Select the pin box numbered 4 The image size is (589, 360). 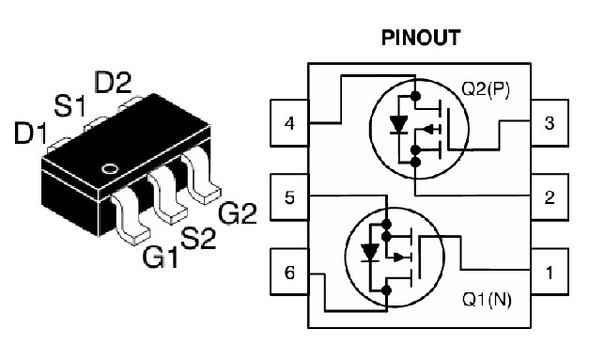[x=289, y=124]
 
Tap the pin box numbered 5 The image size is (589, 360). [x=289, y=197]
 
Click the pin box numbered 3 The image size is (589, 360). [x=549, y=124]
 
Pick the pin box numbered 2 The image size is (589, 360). [x=549, y=197]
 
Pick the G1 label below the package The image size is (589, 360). [x=162, y=255]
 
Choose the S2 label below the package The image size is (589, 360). [x=198, y=238]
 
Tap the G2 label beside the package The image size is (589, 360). [x=237, y=215]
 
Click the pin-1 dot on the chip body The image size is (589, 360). [x=110, y=169]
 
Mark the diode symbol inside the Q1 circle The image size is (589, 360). [x=370, y=253]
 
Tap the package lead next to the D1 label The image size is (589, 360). [x=58, y=144]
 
